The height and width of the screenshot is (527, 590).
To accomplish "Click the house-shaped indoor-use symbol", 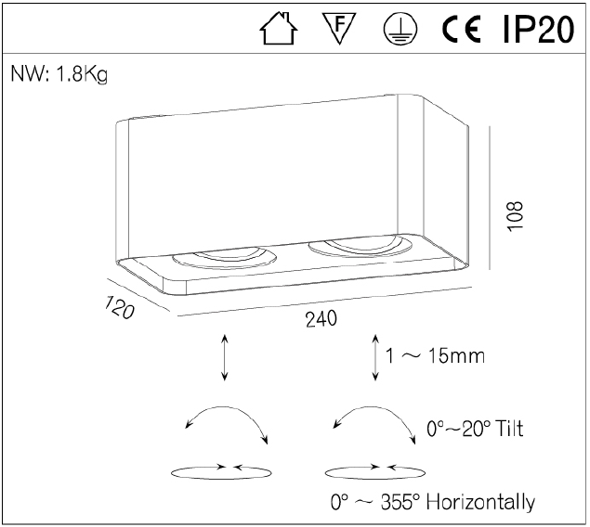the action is pos(279,29).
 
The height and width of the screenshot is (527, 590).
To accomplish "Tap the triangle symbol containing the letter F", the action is pos(339,28).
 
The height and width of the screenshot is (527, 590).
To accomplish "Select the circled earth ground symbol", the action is pos(400,29).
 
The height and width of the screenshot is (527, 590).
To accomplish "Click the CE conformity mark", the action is pos(461,29).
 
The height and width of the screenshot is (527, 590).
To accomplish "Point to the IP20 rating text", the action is pos(539,29).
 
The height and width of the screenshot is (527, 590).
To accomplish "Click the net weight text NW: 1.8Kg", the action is pos(59,74).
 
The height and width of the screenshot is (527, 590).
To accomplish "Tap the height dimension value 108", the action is pos(516,216).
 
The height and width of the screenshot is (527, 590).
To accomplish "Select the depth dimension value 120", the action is pos(119,307).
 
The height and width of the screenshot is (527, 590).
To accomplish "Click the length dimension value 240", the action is pos(321,319).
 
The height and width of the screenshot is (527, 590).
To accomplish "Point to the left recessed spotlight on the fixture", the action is pos(224,259).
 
